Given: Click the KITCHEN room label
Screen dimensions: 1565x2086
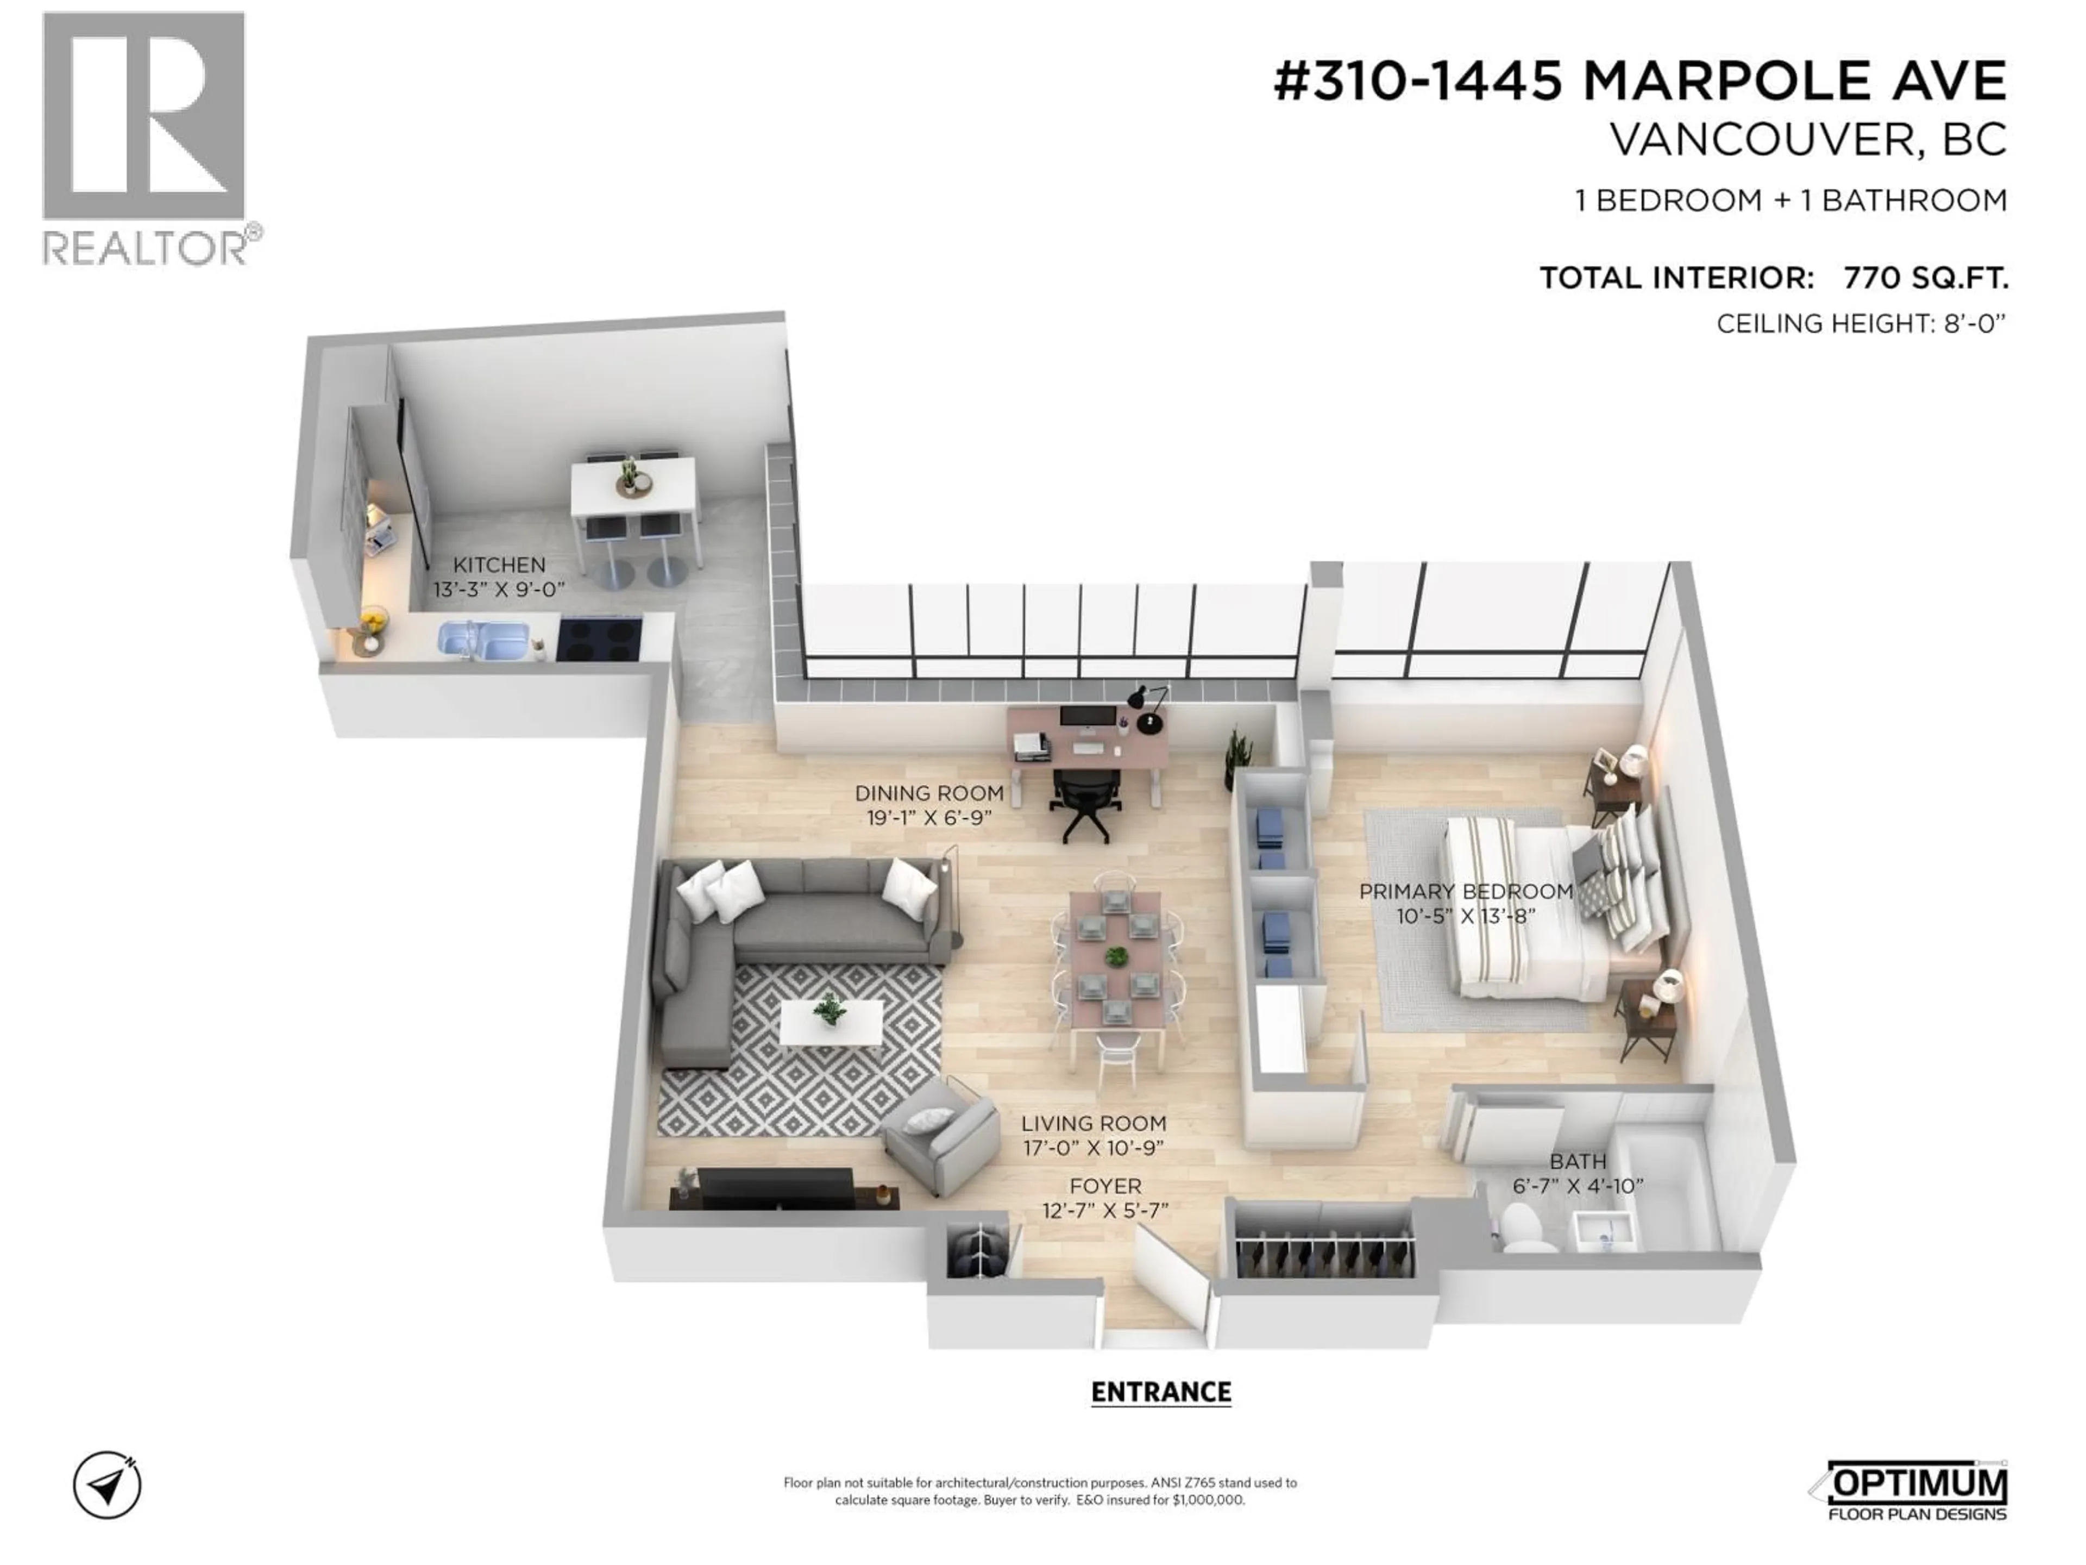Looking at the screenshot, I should click(499, 565).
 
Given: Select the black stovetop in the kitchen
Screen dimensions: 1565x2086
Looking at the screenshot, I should click(599, 638).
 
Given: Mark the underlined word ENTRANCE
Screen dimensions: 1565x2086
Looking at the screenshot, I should click(1161, 1392).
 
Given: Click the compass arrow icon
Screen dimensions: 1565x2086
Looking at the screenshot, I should click(108, 1486).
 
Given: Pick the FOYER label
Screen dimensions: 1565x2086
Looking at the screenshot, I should click(1105, 1186).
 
